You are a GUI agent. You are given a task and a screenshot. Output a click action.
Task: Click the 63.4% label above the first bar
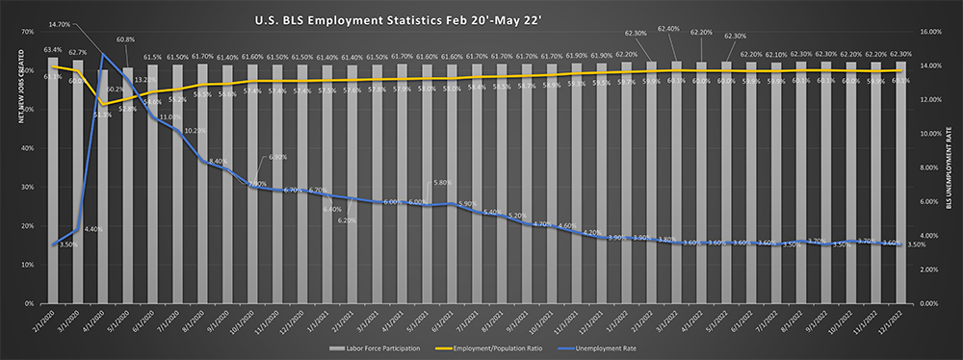pos(53,49)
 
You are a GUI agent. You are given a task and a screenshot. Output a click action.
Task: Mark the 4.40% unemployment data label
pos(93,229)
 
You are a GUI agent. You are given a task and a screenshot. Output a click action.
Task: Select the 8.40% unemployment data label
pos(218,162)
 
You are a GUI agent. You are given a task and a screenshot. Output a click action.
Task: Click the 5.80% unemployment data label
pos(443,182)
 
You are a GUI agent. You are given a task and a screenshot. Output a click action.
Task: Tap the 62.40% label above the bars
pos(668,29)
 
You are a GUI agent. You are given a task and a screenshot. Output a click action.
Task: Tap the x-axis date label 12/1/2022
pos(896,321)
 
